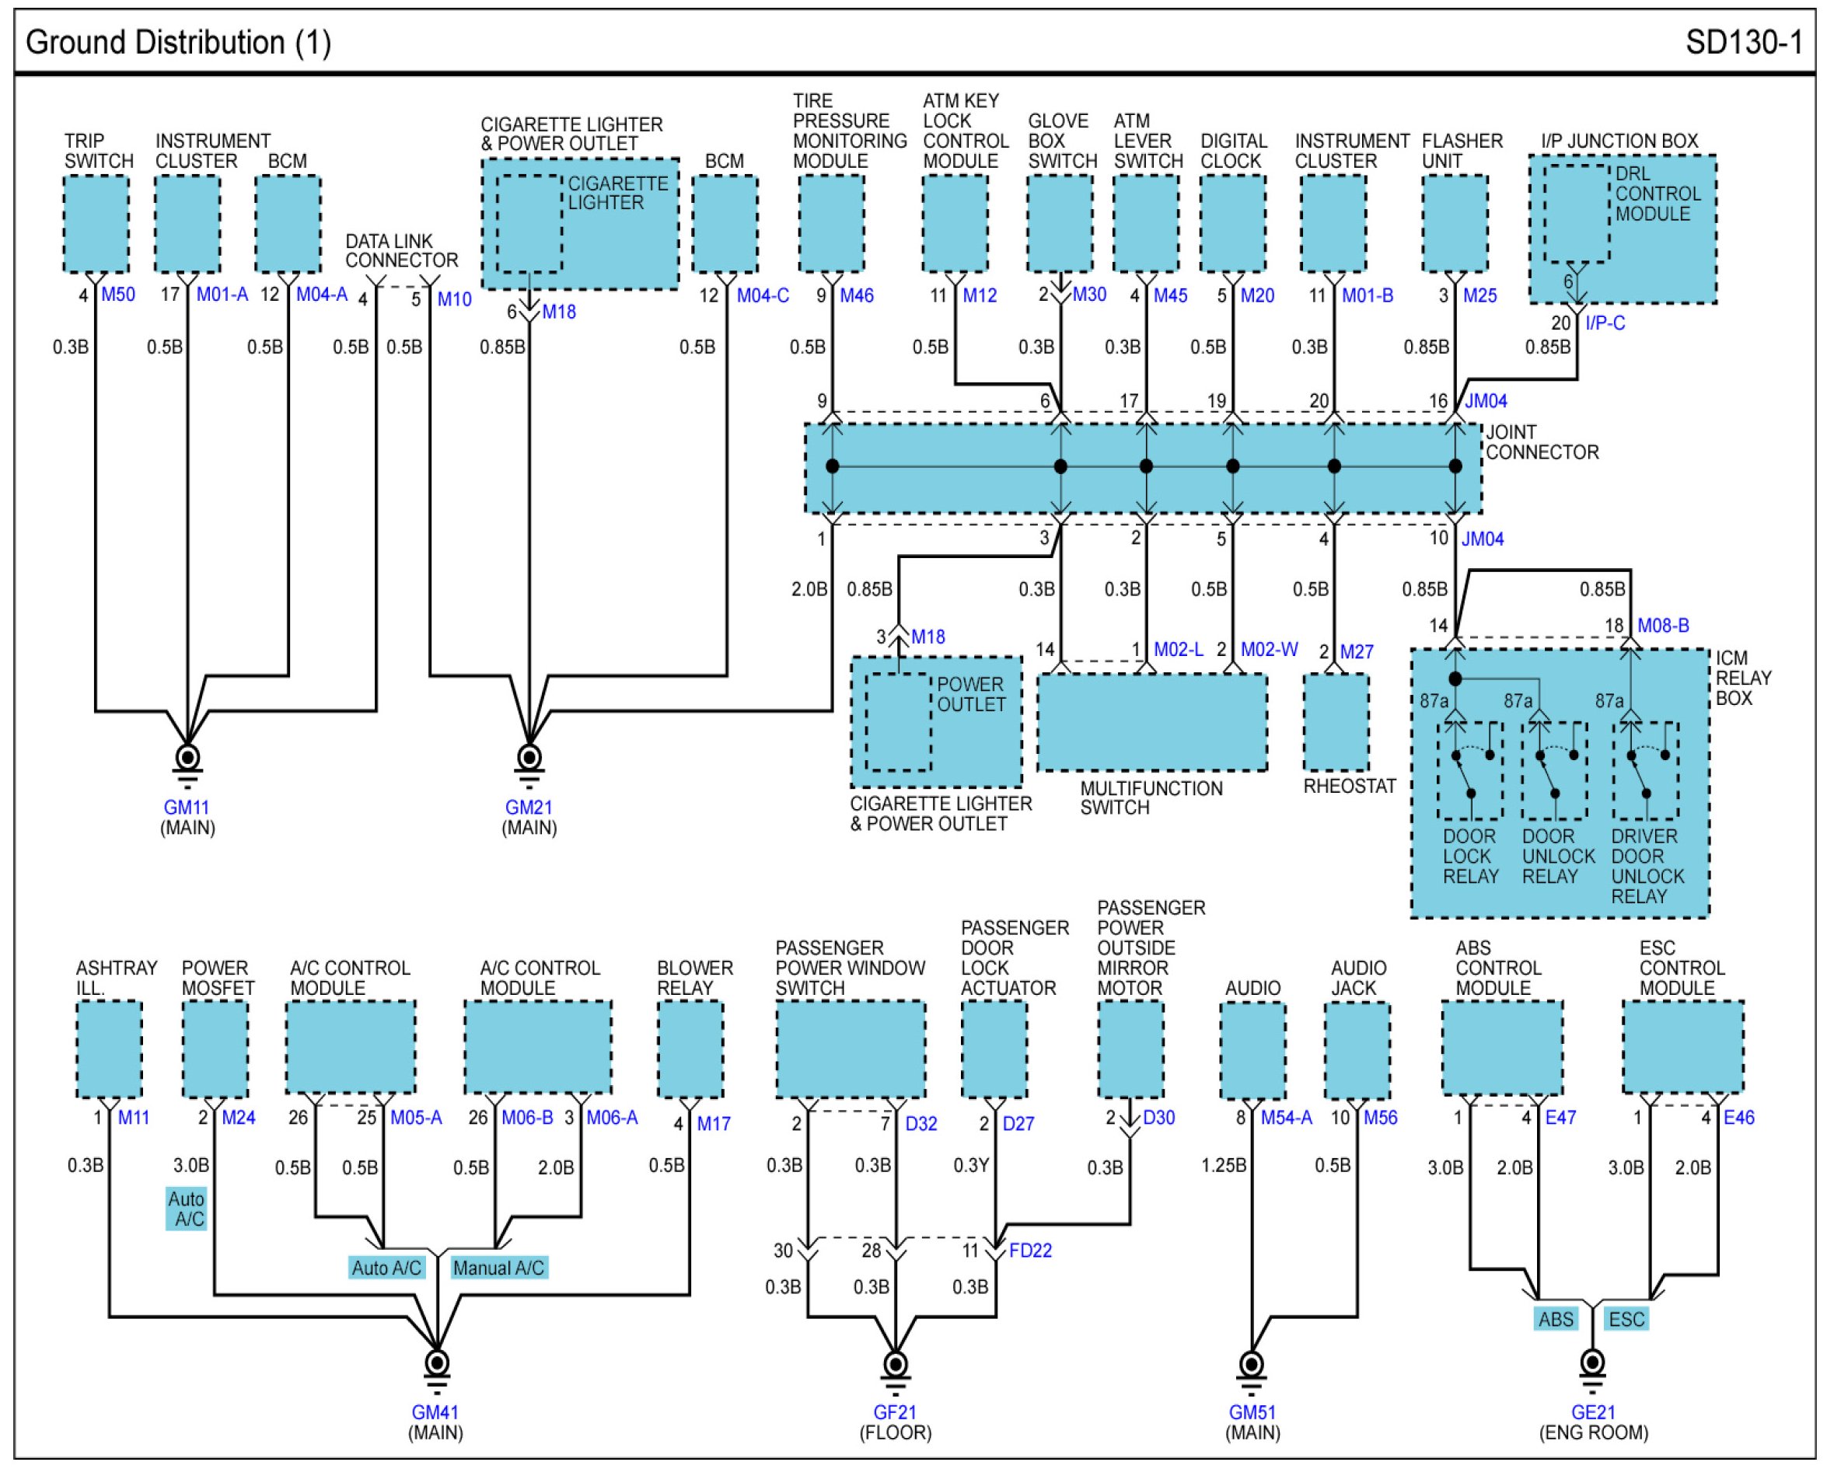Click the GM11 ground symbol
pyautogui.click(x=187, y=763)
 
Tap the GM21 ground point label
pyautogui.click(x=529, y=808)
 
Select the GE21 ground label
pyautogui.click(x=1593, y=1412)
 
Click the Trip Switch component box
pyautogui.click(x=96, y=225)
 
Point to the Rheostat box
pyautogui.click(x=1336, y=723)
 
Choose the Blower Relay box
pyautogui.click(x=690, y=1049)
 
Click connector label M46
pyautogui.click(x=857, y=295)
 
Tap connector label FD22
pyautogui.click(x=1030, y=1251)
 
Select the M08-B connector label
pyautogui.click(x=1664, y=625)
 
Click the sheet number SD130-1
pyautogui.click(x=1744, y=41)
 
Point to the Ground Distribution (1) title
pyautogui.click(x=178, y=42)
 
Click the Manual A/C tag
pyautogui.click(x=498, y=1268)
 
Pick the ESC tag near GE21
pyautogui.click(x=1626, y=1319)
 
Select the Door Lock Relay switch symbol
pyautogui.click(x=1470, y=771)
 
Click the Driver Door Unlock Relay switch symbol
pyautogui.click(x=1646, y=771)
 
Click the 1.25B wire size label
pyautogui.click(x=1224, y=1165)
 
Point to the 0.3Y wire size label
pyautogui.click(x=971, y=1165)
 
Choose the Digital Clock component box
pyautogui.click(x=1233, y=225)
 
